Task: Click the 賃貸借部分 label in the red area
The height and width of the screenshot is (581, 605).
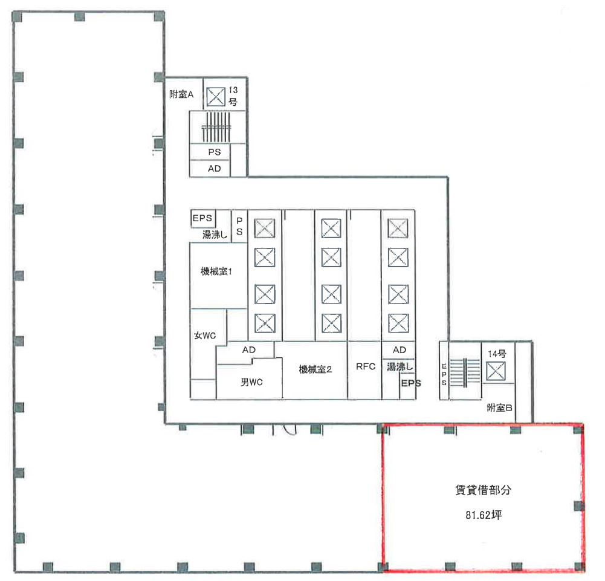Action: coord(483,490)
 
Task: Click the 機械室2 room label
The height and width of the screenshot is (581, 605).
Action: coord(315,369)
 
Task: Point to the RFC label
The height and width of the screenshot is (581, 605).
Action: coord(366,366)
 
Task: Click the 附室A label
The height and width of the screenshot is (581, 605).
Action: coord(181,94)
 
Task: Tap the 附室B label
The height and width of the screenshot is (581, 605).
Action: coord(500,408)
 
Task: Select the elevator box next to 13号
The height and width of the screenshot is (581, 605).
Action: coord(215,96)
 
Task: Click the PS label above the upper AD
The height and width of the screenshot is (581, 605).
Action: coord(215,152)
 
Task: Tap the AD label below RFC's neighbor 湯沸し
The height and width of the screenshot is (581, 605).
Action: coord(400,350)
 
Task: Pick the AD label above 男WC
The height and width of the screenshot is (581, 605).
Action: coord(248,350)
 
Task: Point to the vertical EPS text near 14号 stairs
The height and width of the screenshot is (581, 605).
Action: coord(444,374)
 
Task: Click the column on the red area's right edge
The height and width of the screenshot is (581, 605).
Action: coord(578,505)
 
